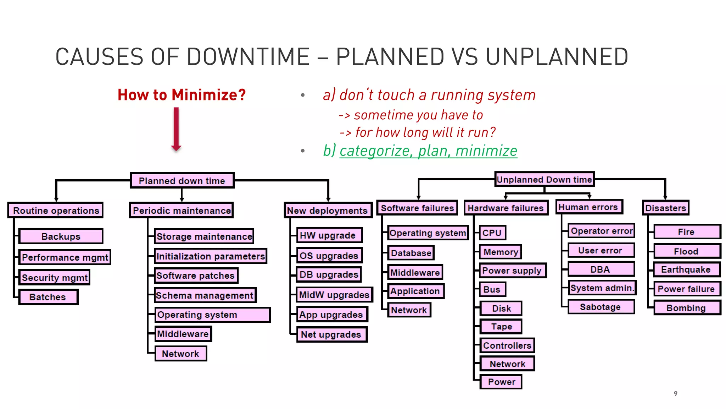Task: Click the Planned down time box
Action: [182, 180]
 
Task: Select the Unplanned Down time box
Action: [544, 179]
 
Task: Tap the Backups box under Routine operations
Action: [61, 236]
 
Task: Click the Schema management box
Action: [205, 295]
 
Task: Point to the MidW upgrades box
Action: [334, 295]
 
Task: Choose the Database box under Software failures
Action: [411, 253]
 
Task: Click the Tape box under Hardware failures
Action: [501, 326]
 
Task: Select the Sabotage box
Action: [601, 307]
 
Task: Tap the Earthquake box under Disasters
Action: [686, 269]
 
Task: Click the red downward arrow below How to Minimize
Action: [176, 130]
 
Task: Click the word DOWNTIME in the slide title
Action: [248, 57]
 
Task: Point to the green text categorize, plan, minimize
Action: [428, 151]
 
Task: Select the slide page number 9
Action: [675, 393]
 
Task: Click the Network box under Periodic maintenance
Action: [181, 354]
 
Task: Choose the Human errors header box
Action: [588, 207]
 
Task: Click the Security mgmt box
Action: [55, 277]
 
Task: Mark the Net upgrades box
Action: [331, 334]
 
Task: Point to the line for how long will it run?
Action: [418, 132]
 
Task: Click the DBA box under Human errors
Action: [601, 269]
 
